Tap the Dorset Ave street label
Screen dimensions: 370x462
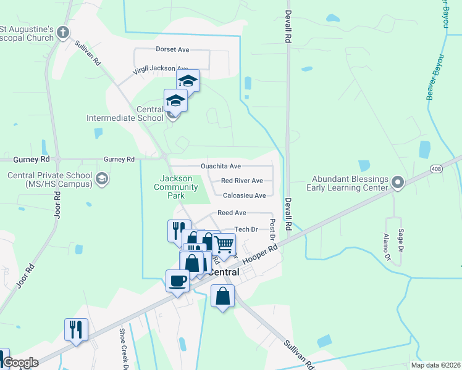(173, 49)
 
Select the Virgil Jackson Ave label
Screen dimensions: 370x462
(161, 70)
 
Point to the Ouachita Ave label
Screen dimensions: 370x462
(220, 166)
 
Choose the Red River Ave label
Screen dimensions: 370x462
(241, 181)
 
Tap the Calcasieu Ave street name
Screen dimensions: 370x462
(244, 195)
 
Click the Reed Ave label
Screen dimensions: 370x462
(232, 213)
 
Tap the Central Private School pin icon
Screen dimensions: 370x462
(102, 179)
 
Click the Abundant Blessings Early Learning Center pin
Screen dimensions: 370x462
(398, 182)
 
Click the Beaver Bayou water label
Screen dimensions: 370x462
(435, 77)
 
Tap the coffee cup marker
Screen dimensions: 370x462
(177, 281)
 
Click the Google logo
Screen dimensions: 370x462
(20, 363)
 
